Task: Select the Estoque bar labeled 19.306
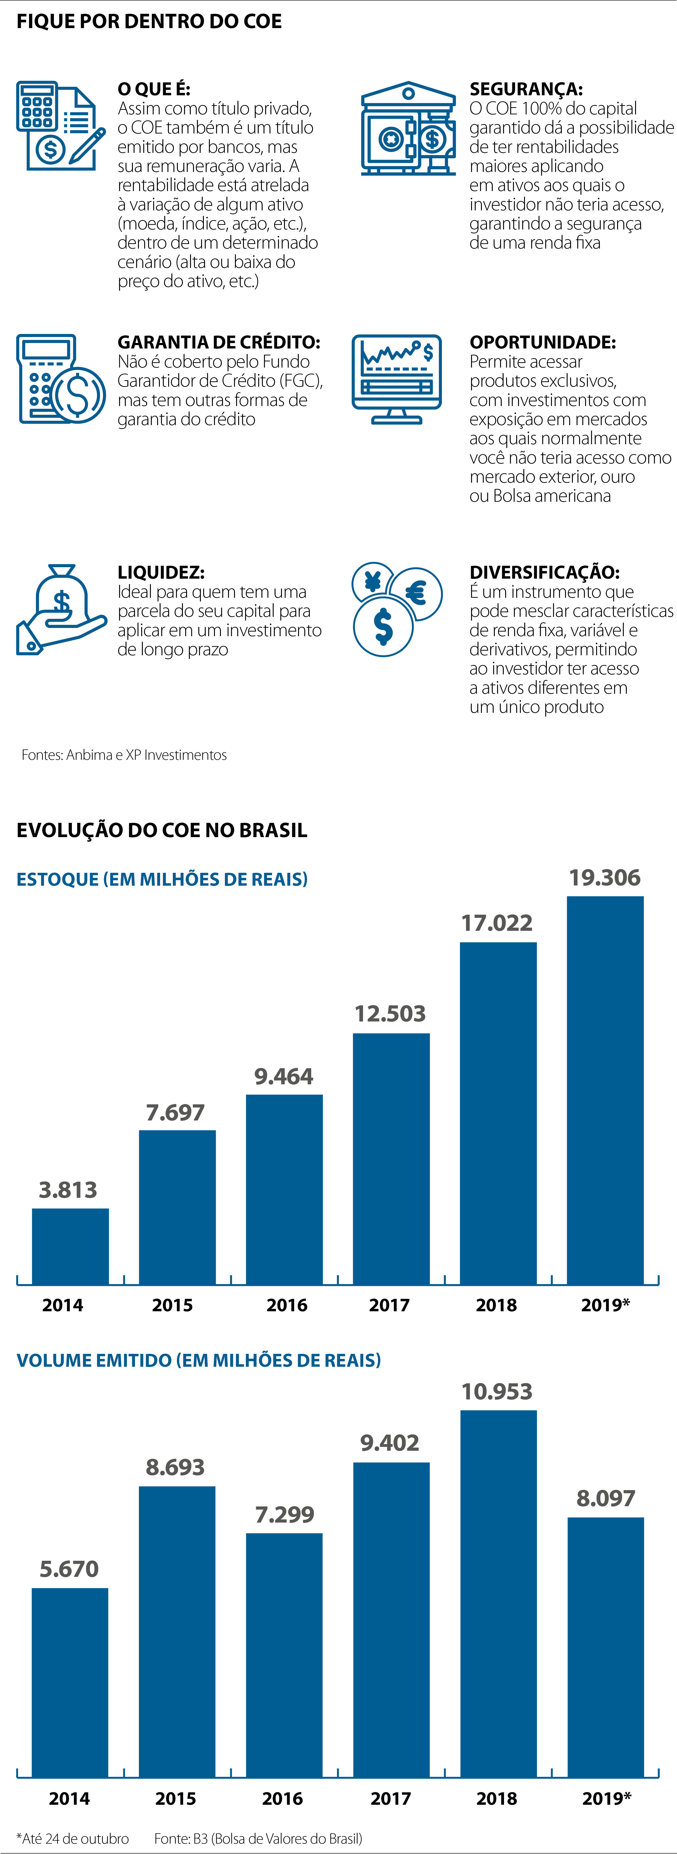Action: click(605, 1090)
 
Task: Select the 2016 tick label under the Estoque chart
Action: click(287, 1305)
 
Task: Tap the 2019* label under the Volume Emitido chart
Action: click(607, 1799)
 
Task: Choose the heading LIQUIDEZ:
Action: click(161, 572)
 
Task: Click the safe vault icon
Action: click(408, 130)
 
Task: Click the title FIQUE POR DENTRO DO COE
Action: click(149, 22)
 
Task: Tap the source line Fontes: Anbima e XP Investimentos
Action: click(124, 755)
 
